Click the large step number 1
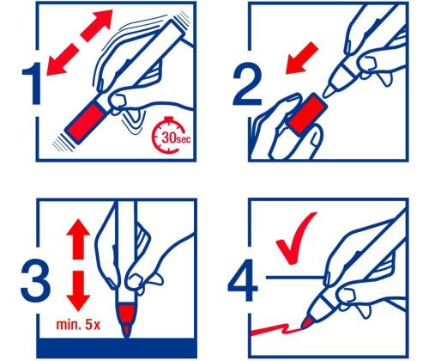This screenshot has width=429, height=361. (33, 83)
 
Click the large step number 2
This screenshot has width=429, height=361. (247, 83)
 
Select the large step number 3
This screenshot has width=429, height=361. (35, 280)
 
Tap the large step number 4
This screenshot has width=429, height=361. (242, 280)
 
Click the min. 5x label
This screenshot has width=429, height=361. (78, 325)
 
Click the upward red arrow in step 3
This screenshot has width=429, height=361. (78, 239)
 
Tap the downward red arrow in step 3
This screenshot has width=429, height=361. (78, 291)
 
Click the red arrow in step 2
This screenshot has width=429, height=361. (302, 58)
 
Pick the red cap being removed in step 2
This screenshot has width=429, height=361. (307, 114)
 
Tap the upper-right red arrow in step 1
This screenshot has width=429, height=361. (97, 26)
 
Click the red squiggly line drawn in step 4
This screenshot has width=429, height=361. (275, 330)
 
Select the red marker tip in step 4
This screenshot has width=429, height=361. (307, 322)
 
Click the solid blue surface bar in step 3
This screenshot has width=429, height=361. (117, 348)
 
